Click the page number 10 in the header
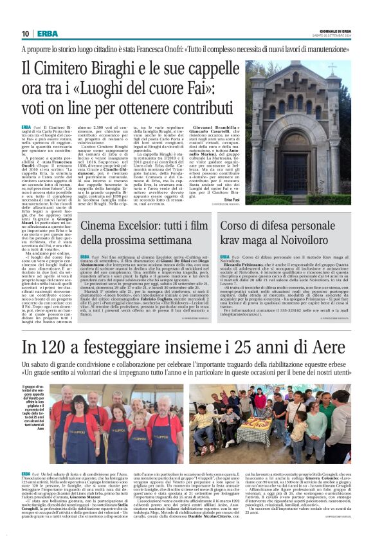tap(25, 33)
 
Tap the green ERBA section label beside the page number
tap(47, 33)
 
